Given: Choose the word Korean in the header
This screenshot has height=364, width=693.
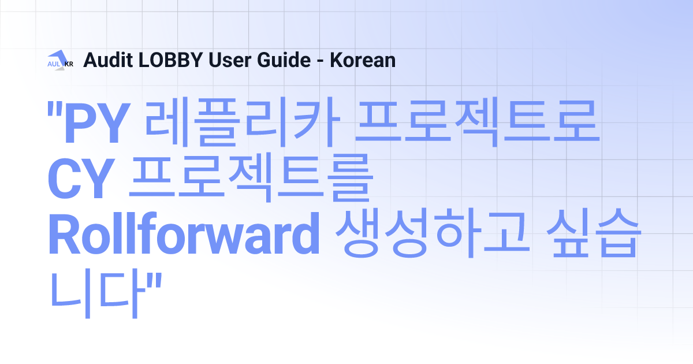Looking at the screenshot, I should pyautogui.click(x=362, y=60).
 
